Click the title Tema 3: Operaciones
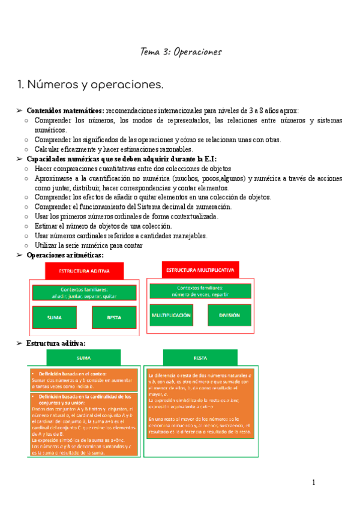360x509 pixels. pyautogui.click(x=181, y=52)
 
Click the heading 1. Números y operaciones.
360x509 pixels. pyautogui.click(x=91, y=86)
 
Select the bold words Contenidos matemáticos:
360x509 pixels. pyautogui.click(x=65, y=111)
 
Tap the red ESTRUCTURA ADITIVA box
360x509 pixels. pyautogui.click(x=84, y=271)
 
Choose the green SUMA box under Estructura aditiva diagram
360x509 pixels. pyautogui.click(x=55, y=317)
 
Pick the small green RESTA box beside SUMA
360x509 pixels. pyautogui.click(x=115, y=317)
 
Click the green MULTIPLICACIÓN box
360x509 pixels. pyautogui.click(x=171, y=315)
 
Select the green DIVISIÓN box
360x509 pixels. pyautogui.click(x=229, y=315)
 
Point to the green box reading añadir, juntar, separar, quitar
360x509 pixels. pyautogui.click(x=84, y=293)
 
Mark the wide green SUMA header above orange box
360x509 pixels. pyautogui.click(x=83, y=358)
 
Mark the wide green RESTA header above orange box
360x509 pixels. pyautogui.click(x=200, y=358)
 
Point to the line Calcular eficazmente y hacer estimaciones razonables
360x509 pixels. pyautogui.click(x=113, y=149)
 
